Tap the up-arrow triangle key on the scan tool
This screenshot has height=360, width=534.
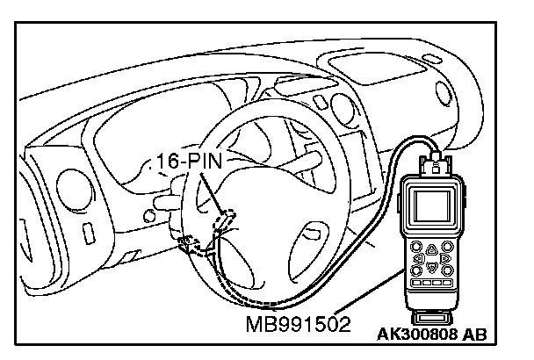[x=432, y=250]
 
